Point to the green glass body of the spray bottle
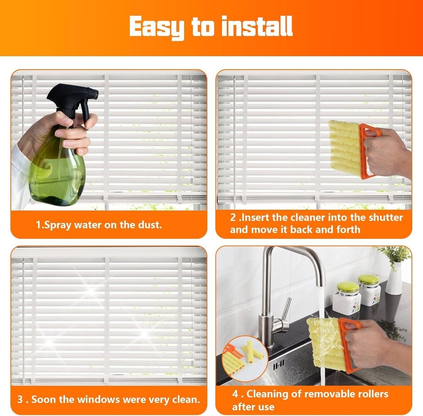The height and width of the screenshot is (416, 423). [57, 169]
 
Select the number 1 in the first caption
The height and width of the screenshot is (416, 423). [38, 224]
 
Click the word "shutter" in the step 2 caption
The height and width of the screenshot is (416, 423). [385, 218]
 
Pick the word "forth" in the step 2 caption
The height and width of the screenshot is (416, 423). [346, 230]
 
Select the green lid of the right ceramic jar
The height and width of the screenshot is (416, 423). [368, 279]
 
